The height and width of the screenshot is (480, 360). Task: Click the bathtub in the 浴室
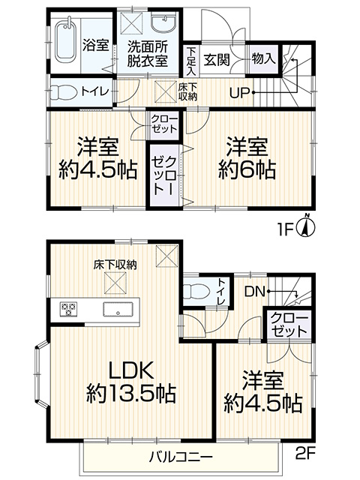pyautogui.click(x=67, y=41)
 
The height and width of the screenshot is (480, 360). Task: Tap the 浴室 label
pyautogui.click(x=95, y=46)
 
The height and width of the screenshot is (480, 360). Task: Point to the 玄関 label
pyautogui.click(x=217, y=59)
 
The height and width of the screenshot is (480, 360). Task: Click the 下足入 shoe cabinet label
pyautogui.click(x=191, y=61)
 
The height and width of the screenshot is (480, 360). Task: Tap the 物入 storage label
pyautogui.click(x=263, y=58)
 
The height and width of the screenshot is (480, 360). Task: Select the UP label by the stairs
pyautogui.click(x=240, y=93)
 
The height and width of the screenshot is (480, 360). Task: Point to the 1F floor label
pyautogui.click(x=284, y=228)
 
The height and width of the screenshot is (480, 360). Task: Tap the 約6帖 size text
pyautogui.click(x=247, y=169)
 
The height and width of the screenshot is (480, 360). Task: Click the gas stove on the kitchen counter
pyautogui.click(x=69, y=309)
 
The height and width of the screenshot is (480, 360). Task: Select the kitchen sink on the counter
pyautogui.click(x=118, y=309)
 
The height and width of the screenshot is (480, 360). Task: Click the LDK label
pyautogui.click(x=131, y=370)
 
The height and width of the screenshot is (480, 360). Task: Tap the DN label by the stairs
pyautogui.click(x=254, y=292)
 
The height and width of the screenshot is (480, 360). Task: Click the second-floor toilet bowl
pyautogui.click(x=196, y=289)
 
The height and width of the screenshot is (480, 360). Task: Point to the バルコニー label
pyautogui.click(x=181, y=457)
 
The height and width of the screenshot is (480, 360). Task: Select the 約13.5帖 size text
pyautogui.click(x=131, y=394)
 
